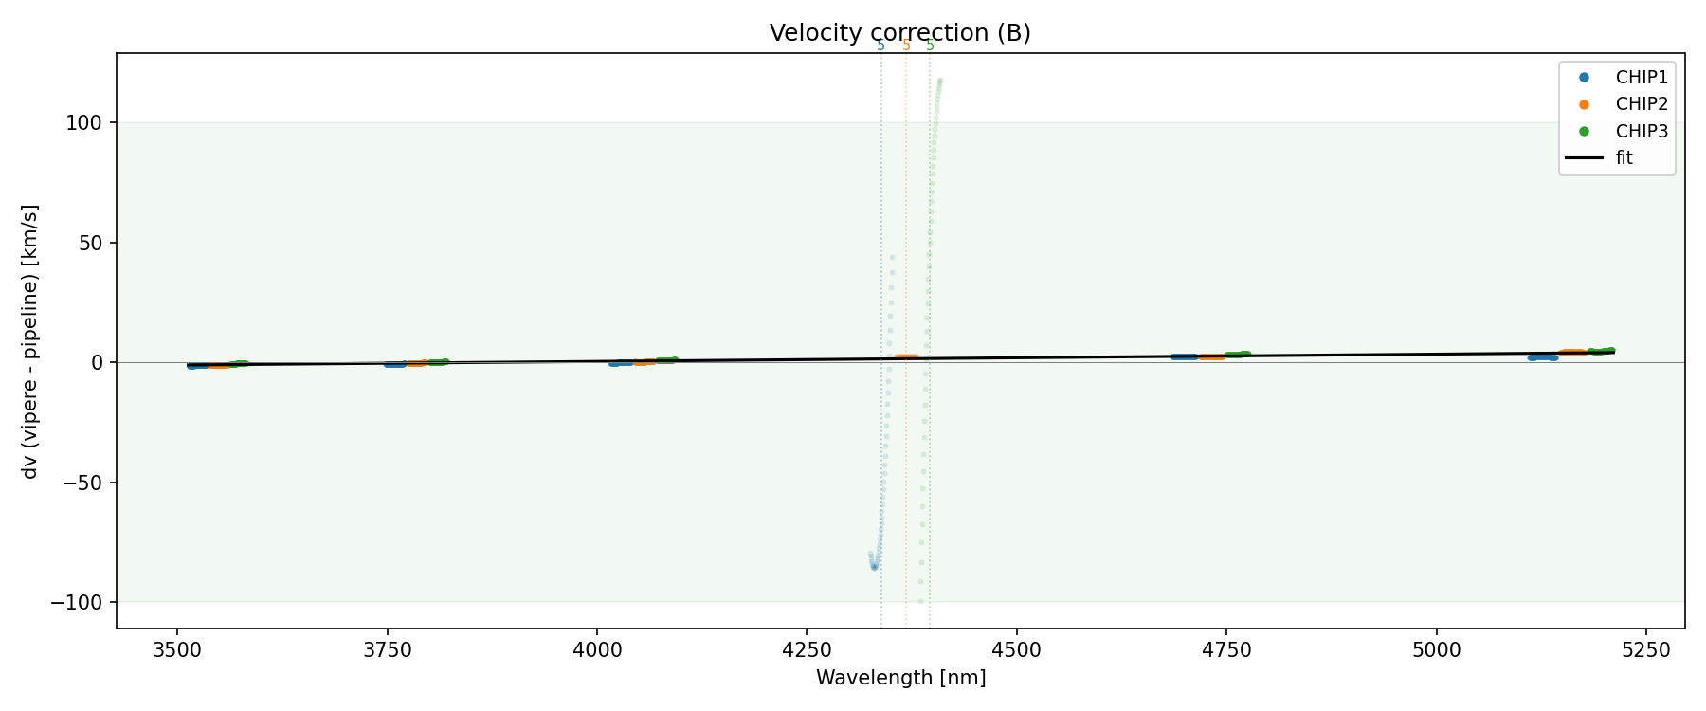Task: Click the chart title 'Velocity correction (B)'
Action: pyautogui.click(x=899, y=33)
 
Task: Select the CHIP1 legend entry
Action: pyautogui.click(x=1641, y=78)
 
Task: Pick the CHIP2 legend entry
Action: pyautogui.click(x=1641, y=104)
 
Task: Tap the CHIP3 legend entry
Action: pyautogui.click(x=1641, y=131)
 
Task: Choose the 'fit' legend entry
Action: pyautogui.click(x=1624, y=157)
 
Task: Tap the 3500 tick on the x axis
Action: pyautogui.click(x=177, y=650)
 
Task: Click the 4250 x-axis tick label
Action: pyautogui.click(x=807, y=650)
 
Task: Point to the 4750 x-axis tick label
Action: pyautogui.click(x=1226, y=650)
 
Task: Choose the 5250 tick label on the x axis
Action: pyautogui.click(x=1646, y=650)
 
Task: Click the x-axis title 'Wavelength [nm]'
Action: pyautogui.click(x=900, y=678)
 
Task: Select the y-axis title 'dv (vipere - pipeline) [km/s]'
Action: pyautogui.click(x=30, y=341)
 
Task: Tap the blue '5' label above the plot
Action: pyautogui.click(x=880, y=46)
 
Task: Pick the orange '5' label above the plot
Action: pyautogui.click(x=906, y=46)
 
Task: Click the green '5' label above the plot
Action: pyautogui.click(x=930, y=46)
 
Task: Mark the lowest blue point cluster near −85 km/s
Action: pyautogui.click(x=874, y=566)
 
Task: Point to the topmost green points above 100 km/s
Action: pyautogui.click(x=939, y=82)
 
